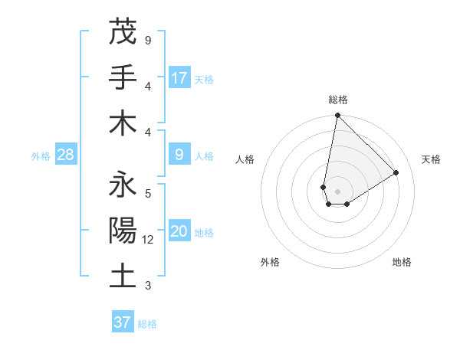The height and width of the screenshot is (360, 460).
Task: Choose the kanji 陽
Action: click(123, 231)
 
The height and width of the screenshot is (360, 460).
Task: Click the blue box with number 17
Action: click(179, 78)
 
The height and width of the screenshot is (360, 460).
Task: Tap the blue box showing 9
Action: click(179, 155)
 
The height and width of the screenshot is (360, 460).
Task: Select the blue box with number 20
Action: click(179, 232)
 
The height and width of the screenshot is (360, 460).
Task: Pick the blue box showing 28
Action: click(65, 155)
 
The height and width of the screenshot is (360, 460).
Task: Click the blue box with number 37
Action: click(123, 322)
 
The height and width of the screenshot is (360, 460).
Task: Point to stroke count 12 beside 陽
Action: click(149, 240)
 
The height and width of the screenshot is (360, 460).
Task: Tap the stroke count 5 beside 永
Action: click(148, 193)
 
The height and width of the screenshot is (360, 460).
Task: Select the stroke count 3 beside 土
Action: click(148, 286)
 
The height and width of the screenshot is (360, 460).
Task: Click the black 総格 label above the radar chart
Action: click(337, 100)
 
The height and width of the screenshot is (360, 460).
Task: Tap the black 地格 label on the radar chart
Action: click(402, 262)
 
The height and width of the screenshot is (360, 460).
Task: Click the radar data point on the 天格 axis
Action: click(396, 173)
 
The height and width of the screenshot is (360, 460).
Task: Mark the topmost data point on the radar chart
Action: click(337, 116)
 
